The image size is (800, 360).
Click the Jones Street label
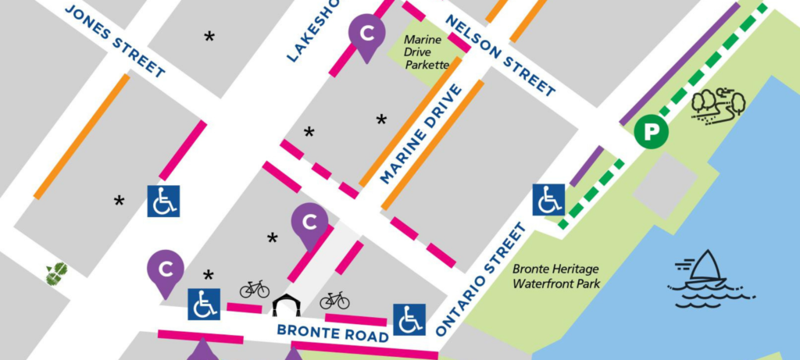[x=115, y=41]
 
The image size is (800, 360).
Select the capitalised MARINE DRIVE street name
[x=421, y=134]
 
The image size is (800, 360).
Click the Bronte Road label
[x=333, y=333]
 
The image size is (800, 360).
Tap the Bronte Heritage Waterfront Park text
[x=556, y=276]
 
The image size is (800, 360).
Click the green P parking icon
[x=652, y=132]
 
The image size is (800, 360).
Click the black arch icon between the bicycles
[x=284, y=305]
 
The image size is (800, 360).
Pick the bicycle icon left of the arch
[x=254, y=290]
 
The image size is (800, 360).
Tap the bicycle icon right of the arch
[x=334, y=300]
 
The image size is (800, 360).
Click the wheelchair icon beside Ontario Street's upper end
[x=548, y=200]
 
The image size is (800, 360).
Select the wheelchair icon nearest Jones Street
[x=163, y=201]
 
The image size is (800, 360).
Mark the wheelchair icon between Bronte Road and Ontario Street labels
[x=409, y=319]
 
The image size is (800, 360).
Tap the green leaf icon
[x=56, y=273]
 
